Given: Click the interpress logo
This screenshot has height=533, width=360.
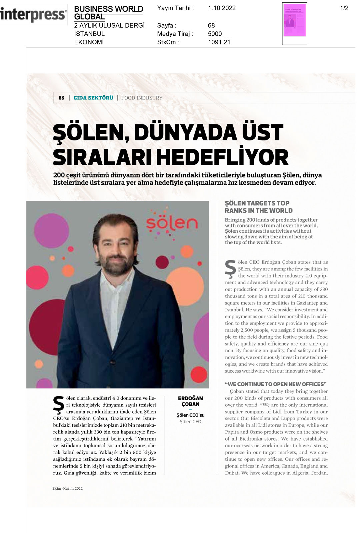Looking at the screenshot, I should point(33,15).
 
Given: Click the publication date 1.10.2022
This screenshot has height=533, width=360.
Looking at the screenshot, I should point(222,8).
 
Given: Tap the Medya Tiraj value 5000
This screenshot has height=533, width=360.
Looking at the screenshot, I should point(215,34).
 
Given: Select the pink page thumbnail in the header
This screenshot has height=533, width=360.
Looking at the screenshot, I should point(294,20).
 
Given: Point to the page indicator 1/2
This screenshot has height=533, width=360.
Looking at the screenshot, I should point(344,8).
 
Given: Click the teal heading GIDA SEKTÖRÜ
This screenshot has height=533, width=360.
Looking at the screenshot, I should point(93,98).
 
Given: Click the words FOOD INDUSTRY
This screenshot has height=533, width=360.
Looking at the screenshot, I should point(142,98).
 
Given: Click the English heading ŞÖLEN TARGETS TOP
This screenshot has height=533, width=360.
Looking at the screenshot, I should point(257,203).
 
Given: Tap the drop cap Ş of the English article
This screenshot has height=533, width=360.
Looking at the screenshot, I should point(230,269).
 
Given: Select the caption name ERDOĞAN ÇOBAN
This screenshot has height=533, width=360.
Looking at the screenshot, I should point(190,401).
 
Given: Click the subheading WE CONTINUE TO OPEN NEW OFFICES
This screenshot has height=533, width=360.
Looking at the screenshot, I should point(276,384).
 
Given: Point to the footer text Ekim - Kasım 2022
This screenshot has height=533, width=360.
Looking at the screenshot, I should point(67,488).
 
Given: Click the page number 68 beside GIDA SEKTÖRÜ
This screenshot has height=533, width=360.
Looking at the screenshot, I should point(61,98).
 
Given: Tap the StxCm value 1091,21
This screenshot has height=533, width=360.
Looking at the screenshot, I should point(219,42).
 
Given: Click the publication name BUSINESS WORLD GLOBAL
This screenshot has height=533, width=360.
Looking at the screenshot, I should point(108,12).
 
